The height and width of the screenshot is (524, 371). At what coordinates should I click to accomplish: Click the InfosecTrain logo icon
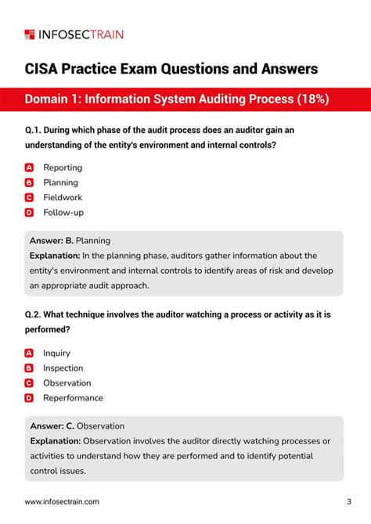30,34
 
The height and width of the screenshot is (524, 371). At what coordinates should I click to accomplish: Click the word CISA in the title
44,69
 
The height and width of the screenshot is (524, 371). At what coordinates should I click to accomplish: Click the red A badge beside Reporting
29,167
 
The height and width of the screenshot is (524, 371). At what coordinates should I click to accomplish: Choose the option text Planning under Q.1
60,182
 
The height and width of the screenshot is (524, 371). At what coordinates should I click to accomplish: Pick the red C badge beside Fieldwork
29,197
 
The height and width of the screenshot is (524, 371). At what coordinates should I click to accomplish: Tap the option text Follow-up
63,212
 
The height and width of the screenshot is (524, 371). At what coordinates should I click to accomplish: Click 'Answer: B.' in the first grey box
51,241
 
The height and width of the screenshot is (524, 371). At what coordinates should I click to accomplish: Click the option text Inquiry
56,354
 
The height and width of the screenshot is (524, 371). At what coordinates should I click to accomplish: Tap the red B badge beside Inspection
29,368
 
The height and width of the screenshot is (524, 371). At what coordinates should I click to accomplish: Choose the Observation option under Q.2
67,383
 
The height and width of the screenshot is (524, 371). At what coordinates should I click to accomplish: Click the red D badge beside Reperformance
29,398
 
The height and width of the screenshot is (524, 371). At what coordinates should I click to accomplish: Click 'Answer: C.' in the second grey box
52,426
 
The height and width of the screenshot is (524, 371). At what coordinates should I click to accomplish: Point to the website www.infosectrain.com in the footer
62,501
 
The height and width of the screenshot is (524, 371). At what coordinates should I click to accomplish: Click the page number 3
348,501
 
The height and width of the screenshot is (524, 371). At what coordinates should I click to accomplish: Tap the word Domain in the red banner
49,99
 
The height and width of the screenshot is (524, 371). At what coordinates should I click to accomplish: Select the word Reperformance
73,398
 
